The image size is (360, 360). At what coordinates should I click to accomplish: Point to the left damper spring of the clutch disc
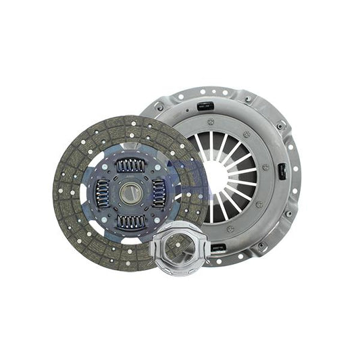(102, 193)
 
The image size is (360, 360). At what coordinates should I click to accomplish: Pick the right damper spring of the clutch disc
(159, 193)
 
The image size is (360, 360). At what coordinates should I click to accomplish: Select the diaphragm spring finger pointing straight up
(215, 142)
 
